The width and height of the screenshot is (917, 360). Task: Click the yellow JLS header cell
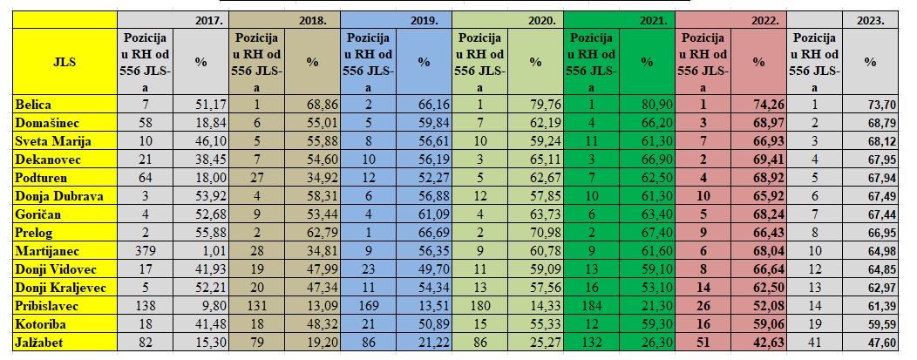tap(58, 63)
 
